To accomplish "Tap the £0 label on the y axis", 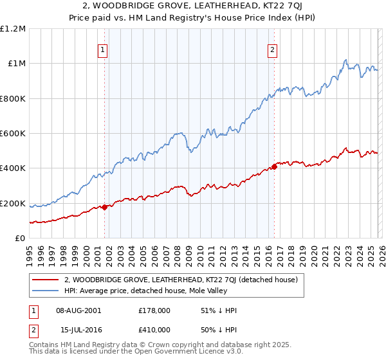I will pos(20,239).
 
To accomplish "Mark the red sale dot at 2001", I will pos(104,207).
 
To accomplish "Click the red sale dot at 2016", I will pos(274,166).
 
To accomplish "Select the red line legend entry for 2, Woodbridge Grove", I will pos(180,280).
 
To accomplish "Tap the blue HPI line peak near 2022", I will pos(345,60).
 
